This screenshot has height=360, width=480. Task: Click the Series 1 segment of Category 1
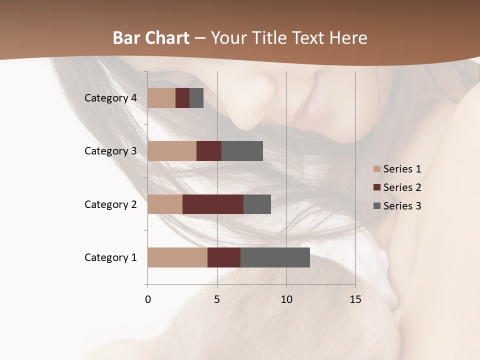[x=177, y=257]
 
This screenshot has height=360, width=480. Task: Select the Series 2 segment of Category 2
[x=213, y=204]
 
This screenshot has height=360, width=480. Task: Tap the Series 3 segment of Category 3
[x=242, y=151]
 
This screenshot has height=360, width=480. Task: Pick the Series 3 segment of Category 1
[x=275, y=257]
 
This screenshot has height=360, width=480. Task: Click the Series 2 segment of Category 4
[x=182, y=98]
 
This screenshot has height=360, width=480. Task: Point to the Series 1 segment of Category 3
[x=172, y=151]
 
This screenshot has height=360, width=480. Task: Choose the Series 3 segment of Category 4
[x=196, y=98]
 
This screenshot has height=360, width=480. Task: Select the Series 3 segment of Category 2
[x=257, y=204]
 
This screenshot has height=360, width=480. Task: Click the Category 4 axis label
[x=110, y=98]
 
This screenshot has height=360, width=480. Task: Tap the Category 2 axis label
[x=110, y=204]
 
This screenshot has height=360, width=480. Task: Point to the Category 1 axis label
[x=110, y=257]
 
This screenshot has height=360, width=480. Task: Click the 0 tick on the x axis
[x=148, y=299]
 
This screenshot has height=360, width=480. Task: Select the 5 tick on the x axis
[x=217, y=299]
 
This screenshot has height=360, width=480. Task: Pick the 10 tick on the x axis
[x=286, y=299]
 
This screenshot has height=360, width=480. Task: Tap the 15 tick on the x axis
[x=355, y=299]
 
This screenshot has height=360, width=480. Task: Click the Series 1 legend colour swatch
[x=377, y=169]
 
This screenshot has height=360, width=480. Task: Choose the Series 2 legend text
[x=402, y=187]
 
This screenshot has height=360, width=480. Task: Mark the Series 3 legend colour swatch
[x=377, y=206]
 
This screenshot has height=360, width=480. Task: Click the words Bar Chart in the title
[x=151, y=38]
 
